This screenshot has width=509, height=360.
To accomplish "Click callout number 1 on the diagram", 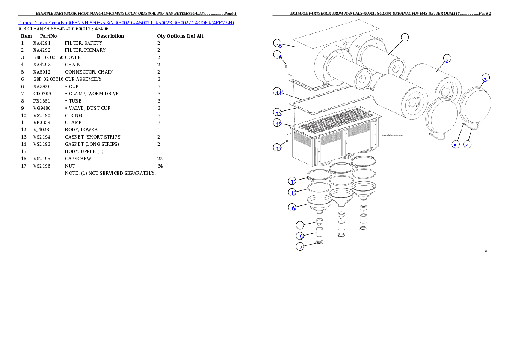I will click(x=405, y=38).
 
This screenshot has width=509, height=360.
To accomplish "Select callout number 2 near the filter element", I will click(x=447, y=60).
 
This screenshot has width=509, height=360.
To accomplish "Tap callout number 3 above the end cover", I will click(x=485, y=79).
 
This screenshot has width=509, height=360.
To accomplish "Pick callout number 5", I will click(x=455, y=145).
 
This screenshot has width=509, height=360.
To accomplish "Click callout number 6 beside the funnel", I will click(x=293, y=208).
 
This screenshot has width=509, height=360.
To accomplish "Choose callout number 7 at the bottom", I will click(x=301, y=247).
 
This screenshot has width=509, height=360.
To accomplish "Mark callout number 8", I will click(x=301, y=236).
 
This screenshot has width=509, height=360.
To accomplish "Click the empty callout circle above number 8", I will click(x=301, y=225).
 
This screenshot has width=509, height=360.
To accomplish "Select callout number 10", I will click(x=293, y=192).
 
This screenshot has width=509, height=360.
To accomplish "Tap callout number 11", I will click(x=293, y=180).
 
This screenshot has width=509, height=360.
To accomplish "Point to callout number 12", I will click(x=278, y=124).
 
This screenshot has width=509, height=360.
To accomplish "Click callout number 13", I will click(x=278, y=113).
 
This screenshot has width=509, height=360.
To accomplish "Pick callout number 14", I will click(x=278, y=92).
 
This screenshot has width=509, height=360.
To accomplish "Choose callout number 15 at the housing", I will click(x=278, y=45).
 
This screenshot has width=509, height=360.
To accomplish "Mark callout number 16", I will click(x=278, y=56).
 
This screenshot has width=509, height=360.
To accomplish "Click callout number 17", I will click(x=278, y=148).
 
